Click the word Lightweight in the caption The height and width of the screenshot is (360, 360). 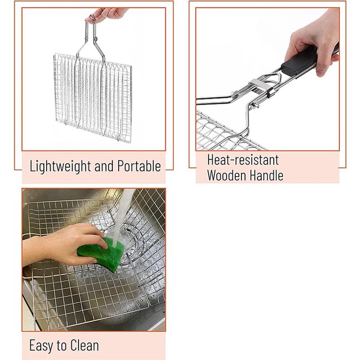point(60,166)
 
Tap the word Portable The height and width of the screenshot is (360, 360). point(139,166)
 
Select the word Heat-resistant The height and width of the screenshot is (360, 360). point(243,160)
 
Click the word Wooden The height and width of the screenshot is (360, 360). point(226,175)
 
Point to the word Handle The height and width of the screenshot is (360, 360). point(267,175)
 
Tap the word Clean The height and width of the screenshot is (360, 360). point(85,345)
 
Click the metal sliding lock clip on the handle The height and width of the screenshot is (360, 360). point(261,88)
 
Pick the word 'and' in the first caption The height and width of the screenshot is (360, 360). point(104,166)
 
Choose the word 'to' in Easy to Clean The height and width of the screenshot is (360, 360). point(62,346)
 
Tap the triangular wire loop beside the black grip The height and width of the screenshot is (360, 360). point(271,79)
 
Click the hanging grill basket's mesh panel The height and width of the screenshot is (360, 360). point(93,97)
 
